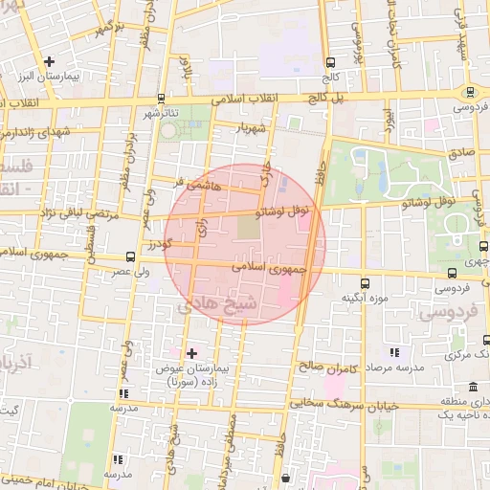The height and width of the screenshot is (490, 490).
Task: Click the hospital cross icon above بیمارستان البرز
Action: click(50, 62)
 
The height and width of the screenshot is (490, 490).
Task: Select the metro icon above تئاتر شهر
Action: click(161, 98)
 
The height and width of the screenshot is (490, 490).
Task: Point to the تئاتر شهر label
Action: click(162, 114)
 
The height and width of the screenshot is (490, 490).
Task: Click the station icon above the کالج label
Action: click(330, 60)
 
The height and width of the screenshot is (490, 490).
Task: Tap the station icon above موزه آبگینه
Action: click(365, 283)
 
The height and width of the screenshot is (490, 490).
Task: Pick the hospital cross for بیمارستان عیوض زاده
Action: click(191, 353)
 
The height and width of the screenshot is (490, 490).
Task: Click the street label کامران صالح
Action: click(326, 366)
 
